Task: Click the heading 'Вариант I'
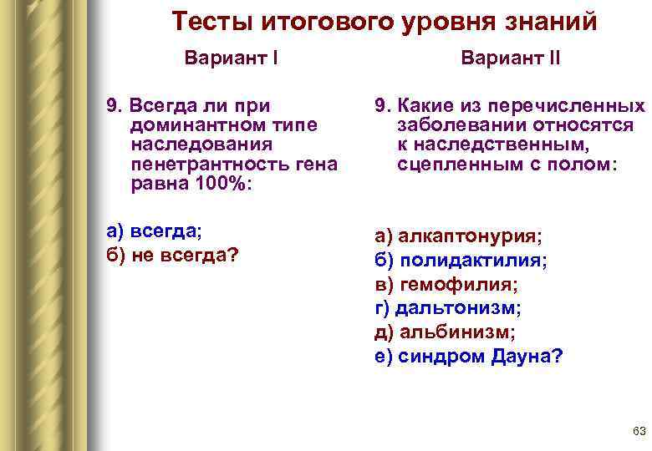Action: [232, 59]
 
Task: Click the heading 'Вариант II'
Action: [511, 59]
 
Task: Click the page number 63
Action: [639, 431]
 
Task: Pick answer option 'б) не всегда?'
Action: [168, 255]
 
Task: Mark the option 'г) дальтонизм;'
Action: [448, 308]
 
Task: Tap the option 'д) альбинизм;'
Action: [445, 332]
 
